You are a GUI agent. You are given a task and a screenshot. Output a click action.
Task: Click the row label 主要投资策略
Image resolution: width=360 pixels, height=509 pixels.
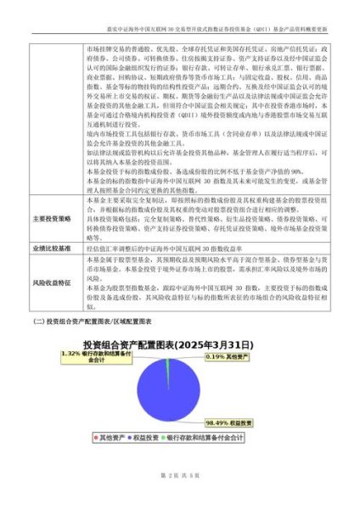point(57,218)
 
